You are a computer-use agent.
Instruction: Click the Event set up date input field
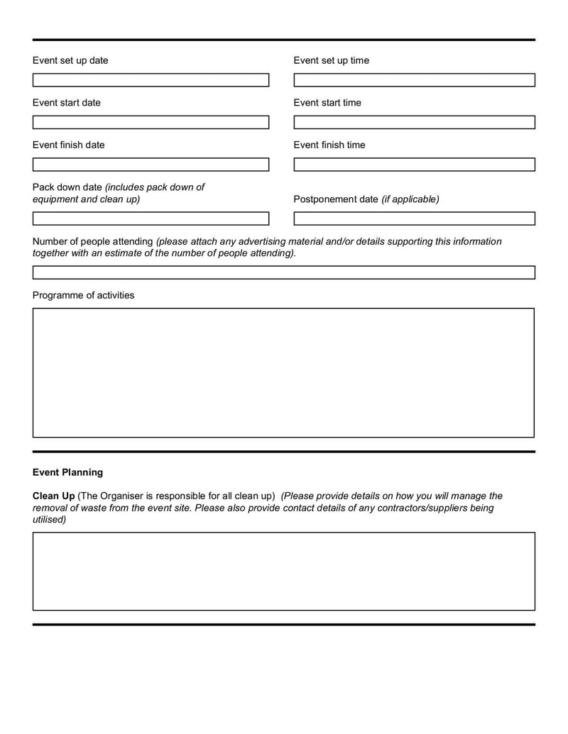(151, 80)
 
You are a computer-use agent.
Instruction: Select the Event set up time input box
(414, 80)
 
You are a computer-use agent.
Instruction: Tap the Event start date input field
(151, 122)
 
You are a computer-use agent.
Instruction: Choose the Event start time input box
(414, 122)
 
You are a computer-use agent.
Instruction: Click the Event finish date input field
(151, 165)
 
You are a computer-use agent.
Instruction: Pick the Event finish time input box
(414, 165)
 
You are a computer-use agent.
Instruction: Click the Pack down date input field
(151, 218)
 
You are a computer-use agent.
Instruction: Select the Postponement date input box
(414, 218)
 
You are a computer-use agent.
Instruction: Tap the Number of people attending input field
(283, 272)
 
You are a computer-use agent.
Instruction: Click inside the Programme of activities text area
(283, 372)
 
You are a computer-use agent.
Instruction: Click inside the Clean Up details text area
(283, 571)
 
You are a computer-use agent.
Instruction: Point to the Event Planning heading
(67, 472)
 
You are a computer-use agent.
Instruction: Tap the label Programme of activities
(83, 295)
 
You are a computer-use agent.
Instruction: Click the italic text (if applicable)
(410, 199)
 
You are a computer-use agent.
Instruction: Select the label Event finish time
(329, 145)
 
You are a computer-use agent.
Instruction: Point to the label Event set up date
(70, 60)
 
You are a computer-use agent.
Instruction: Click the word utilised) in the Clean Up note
(49, 520)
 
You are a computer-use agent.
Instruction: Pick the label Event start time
(327, 103)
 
